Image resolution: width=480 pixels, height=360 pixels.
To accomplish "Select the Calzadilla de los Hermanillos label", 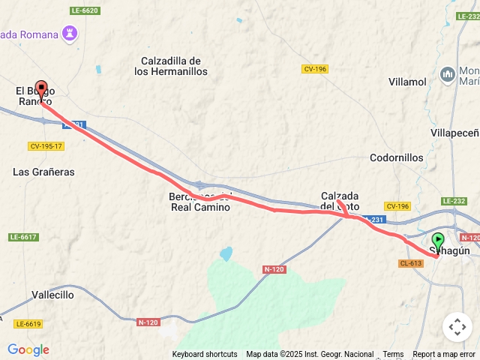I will [170, 66].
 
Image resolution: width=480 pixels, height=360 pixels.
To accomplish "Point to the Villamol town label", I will [407, 81].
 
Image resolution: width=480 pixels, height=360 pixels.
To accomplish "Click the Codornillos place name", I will [396, 158].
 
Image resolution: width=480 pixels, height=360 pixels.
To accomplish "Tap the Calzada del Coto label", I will [340, 200].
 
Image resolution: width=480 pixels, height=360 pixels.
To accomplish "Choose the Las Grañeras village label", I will [43, 172].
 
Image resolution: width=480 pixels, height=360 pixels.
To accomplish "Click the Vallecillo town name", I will [52, 295].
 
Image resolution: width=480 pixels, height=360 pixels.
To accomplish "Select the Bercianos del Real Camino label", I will [199, 202].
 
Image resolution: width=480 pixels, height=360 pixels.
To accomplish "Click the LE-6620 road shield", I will [84, 10].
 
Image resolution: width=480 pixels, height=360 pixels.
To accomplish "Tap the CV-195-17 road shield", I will [46, 146].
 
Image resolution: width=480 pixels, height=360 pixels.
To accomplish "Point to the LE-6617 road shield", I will [23, 237].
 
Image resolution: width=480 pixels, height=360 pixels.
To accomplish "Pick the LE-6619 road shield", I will [28, 324].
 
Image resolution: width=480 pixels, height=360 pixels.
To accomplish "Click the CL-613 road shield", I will [411, 263].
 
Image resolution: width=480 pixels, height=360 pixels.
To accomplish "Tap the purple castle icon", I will [70, 34].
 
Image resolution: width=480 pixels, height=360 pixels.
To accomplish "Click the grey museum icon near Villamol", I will [448, 73].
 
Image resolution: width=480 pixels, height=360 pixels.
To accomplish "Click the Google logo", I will [28, 349].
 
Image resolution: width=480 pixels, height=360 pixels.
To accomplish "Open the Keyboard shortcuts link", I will [205, 354].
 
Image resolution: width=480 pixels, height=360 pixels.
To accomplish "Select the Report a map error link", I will [444, 354].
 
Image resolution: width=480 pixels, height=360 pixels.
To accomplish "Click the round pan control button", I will [457, 327].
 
